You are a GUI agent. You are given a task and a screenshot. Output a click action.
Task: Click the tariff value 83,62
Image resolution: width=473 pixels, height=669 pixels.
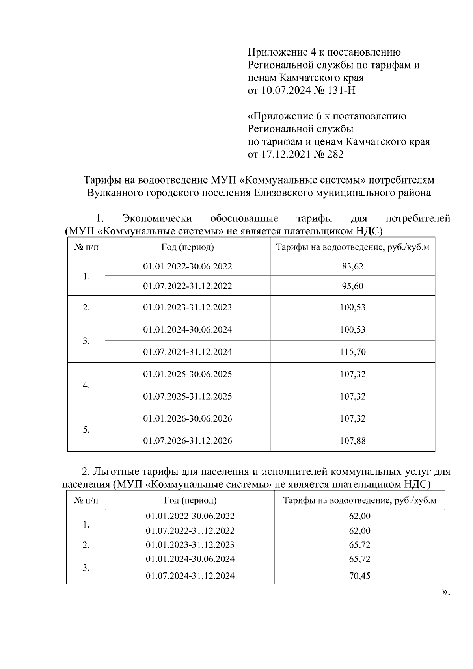(x=352, y=266)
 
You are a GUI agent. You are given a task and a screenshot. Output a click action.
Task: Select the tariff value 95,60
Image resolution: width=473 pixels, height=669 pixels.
(x=352, y=286)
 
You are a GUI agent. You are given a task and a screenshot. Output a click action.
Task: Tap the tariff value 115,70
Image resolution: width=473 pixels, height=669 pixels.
(x=352, y=352)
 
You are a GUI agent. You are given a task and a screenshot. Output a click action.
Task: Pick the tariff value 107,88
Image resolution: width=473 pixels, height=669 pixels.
(x=352, y=441)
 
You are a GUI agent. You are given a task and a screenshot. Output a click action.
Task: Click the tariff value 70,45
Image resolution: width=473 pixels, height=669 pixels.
(x=359, y=576)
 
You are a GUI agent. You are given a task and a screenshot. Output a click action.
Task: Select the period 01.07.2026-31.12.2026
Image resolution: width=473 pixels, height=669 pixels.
(x=188, y=441)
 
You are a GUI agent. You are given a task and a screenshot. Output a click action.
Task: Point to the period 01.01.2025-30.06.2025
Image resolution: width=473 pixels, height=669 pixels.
(x=188, y=374)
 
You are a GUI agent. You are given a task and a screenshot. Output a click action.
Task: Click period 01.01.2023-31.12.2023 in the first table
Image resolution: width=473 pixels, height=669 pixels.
(x=188, y=307)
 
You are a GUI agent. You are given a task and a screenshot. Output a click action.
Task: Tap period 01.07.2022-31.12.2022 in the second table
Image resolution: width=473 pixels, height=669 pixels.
(x=190, y=531)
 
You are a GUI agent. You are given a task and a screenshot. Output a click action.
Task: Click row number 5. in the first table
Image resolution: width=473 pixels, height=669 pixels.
(x=86, y=430)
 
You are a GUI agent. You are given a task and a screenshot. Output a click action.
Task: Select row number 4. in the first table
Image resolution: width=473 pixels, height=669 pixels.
(x=86, y=385)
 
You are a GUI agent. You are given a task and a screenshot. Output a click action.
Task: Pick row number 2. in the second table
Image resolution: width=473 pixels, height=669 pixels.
(x=86, y=545)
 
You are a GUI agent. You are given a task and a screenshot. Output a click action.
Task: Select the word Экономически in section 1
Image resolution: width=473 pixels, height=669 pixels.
(x=157, y=218)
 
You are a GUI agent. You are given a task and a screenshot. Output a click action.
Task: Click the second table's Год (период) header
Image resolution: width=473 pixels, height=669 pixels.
(x=190, y=500)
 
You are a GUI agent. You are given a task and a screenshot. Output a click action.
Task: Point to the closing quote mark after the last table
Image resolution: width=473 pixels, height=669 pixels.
(x=445, y=592)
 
